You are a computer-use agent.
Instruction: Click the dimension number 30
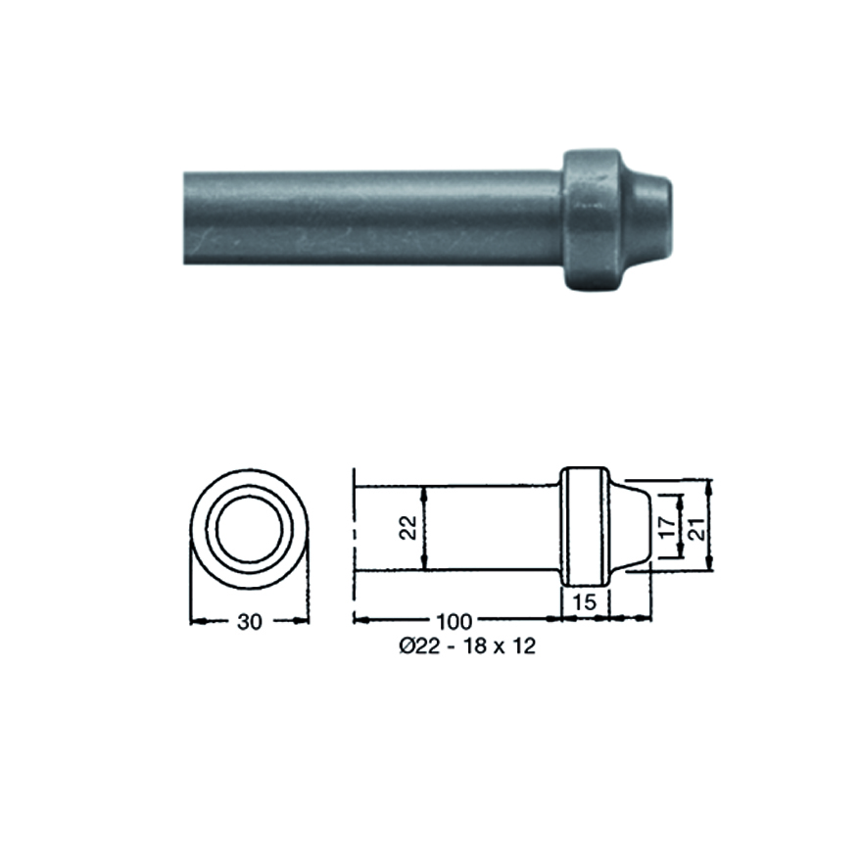point(249,622)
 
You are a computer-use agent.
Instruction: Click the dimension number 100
point(455,622)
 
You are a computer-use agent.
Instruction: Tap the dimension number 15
point(585,602)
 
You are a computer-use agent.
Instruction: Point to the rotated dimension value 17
point(667,527)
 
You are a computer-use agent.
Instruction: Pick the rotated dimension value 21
point(696,528)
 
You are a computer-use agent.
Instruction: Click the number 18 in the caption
point(475,646)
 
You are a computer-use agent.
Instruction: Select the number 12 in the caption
point(523,646)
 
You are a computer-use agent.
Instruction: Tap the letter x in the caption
point(500,647)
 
